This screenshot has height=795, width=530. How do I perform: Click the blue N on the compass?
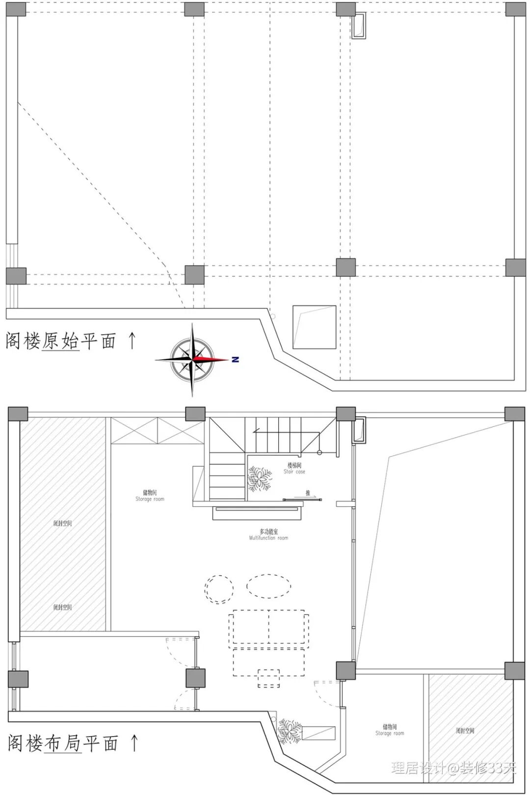click(x=235, y=360)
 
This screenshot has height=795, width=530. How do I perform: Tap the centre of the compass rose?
click(x=192, y=360)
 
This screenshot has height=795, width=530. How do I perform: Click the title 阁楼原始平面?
click(x=61, y=341)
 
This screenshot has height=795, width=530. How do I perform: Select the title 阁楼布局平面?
click(x=63, y=743)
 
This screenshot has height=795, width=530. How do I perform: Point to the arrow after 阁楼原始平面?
click(x=131, y=340)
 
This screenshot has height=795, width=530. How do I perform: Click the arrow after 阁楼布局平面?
click(x=134, y=742)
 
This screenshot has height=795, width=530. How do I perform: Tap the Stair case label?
click(x=294, y=468)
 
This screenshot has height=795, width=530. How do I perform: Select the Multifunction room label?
click(x=268, y=534)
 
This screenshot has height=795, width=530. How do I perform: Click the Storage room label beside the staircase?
click(x=150, y=495)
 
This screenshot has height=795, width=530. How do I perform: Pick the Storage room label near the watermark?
click(x=390, y=730)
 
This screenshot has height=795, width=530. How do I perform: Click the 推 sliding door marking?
click(x=307, y=493)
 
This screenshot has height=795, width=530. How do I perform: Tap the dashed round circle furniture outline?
click(x=219, y=588)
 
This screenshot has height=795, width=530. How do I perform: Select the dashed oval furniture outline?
click(x=268, y=586)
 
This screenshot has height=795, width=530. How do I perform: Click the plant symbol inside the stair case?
click(x=259, y=479)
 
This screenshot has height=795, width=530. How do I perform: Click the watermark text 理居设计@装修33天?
click(x=453, y=768)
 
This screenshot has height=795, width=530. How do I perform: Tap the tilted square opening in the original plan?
click(x=314, y=327)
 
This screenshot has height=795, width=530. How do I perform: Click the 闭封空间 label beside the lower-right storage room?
click(x=465, y=730)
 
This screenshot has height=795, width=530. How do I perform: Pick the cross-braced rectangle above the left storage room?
click(x=157, y=430)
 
